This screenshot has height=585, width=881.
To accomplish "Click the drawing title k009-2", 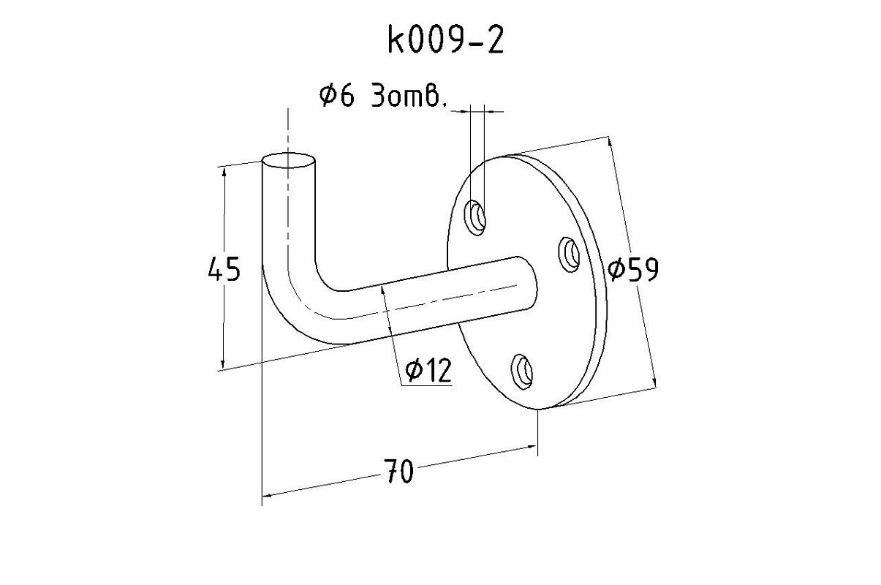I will pos(446,42).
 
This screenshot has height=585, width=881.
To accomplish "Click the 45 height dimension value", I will pos(224,270).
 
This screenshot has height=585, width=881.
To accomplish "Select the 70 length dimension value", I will pos(398,472).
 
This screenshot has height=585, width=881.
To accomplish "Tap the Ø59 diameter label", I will pos(633,270).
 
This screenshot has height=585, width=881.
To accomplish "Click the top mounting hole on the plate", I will pos(477,217).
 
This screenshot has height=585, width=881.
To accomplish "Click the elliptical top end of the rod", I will pos(290,161).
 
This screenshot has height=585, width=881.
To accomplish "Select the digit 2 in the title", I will pos(495,42).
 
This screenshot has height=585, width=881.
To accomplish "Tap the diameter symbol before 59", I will pos(616,271).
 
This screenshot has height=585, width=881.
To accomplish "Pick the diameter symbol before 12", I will pos(413,372).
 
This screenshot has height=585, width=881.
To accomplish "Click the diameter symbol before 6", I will pos(328,96).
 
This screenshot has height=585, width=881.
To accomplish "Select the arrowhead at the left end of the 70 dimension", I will pos(266,495).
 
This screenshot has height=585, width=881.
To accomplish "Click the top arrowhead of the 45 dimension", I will pos(222,171).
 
